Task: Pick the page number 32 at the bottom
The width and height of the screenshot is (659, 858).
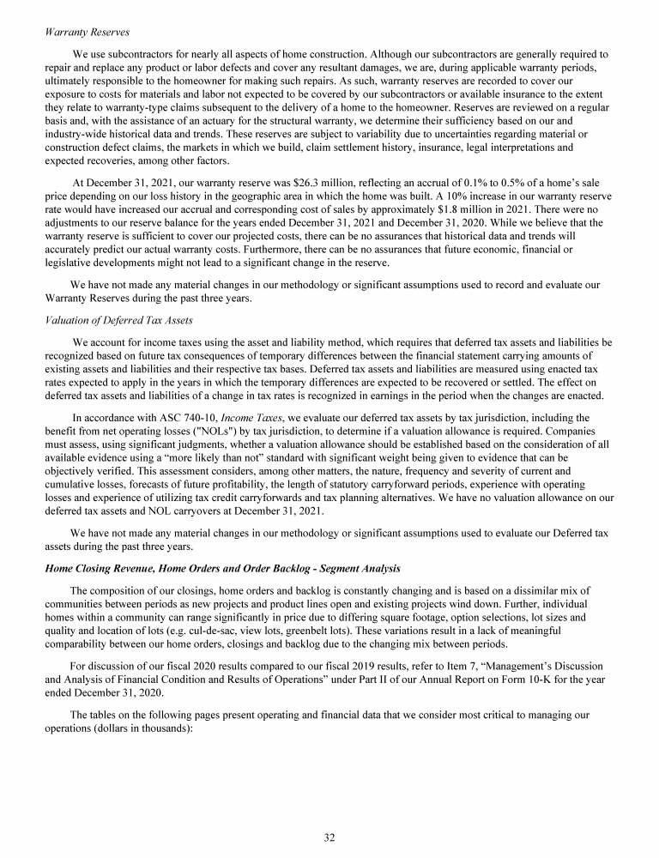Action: pyautogui.click(x=329, y=837)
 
